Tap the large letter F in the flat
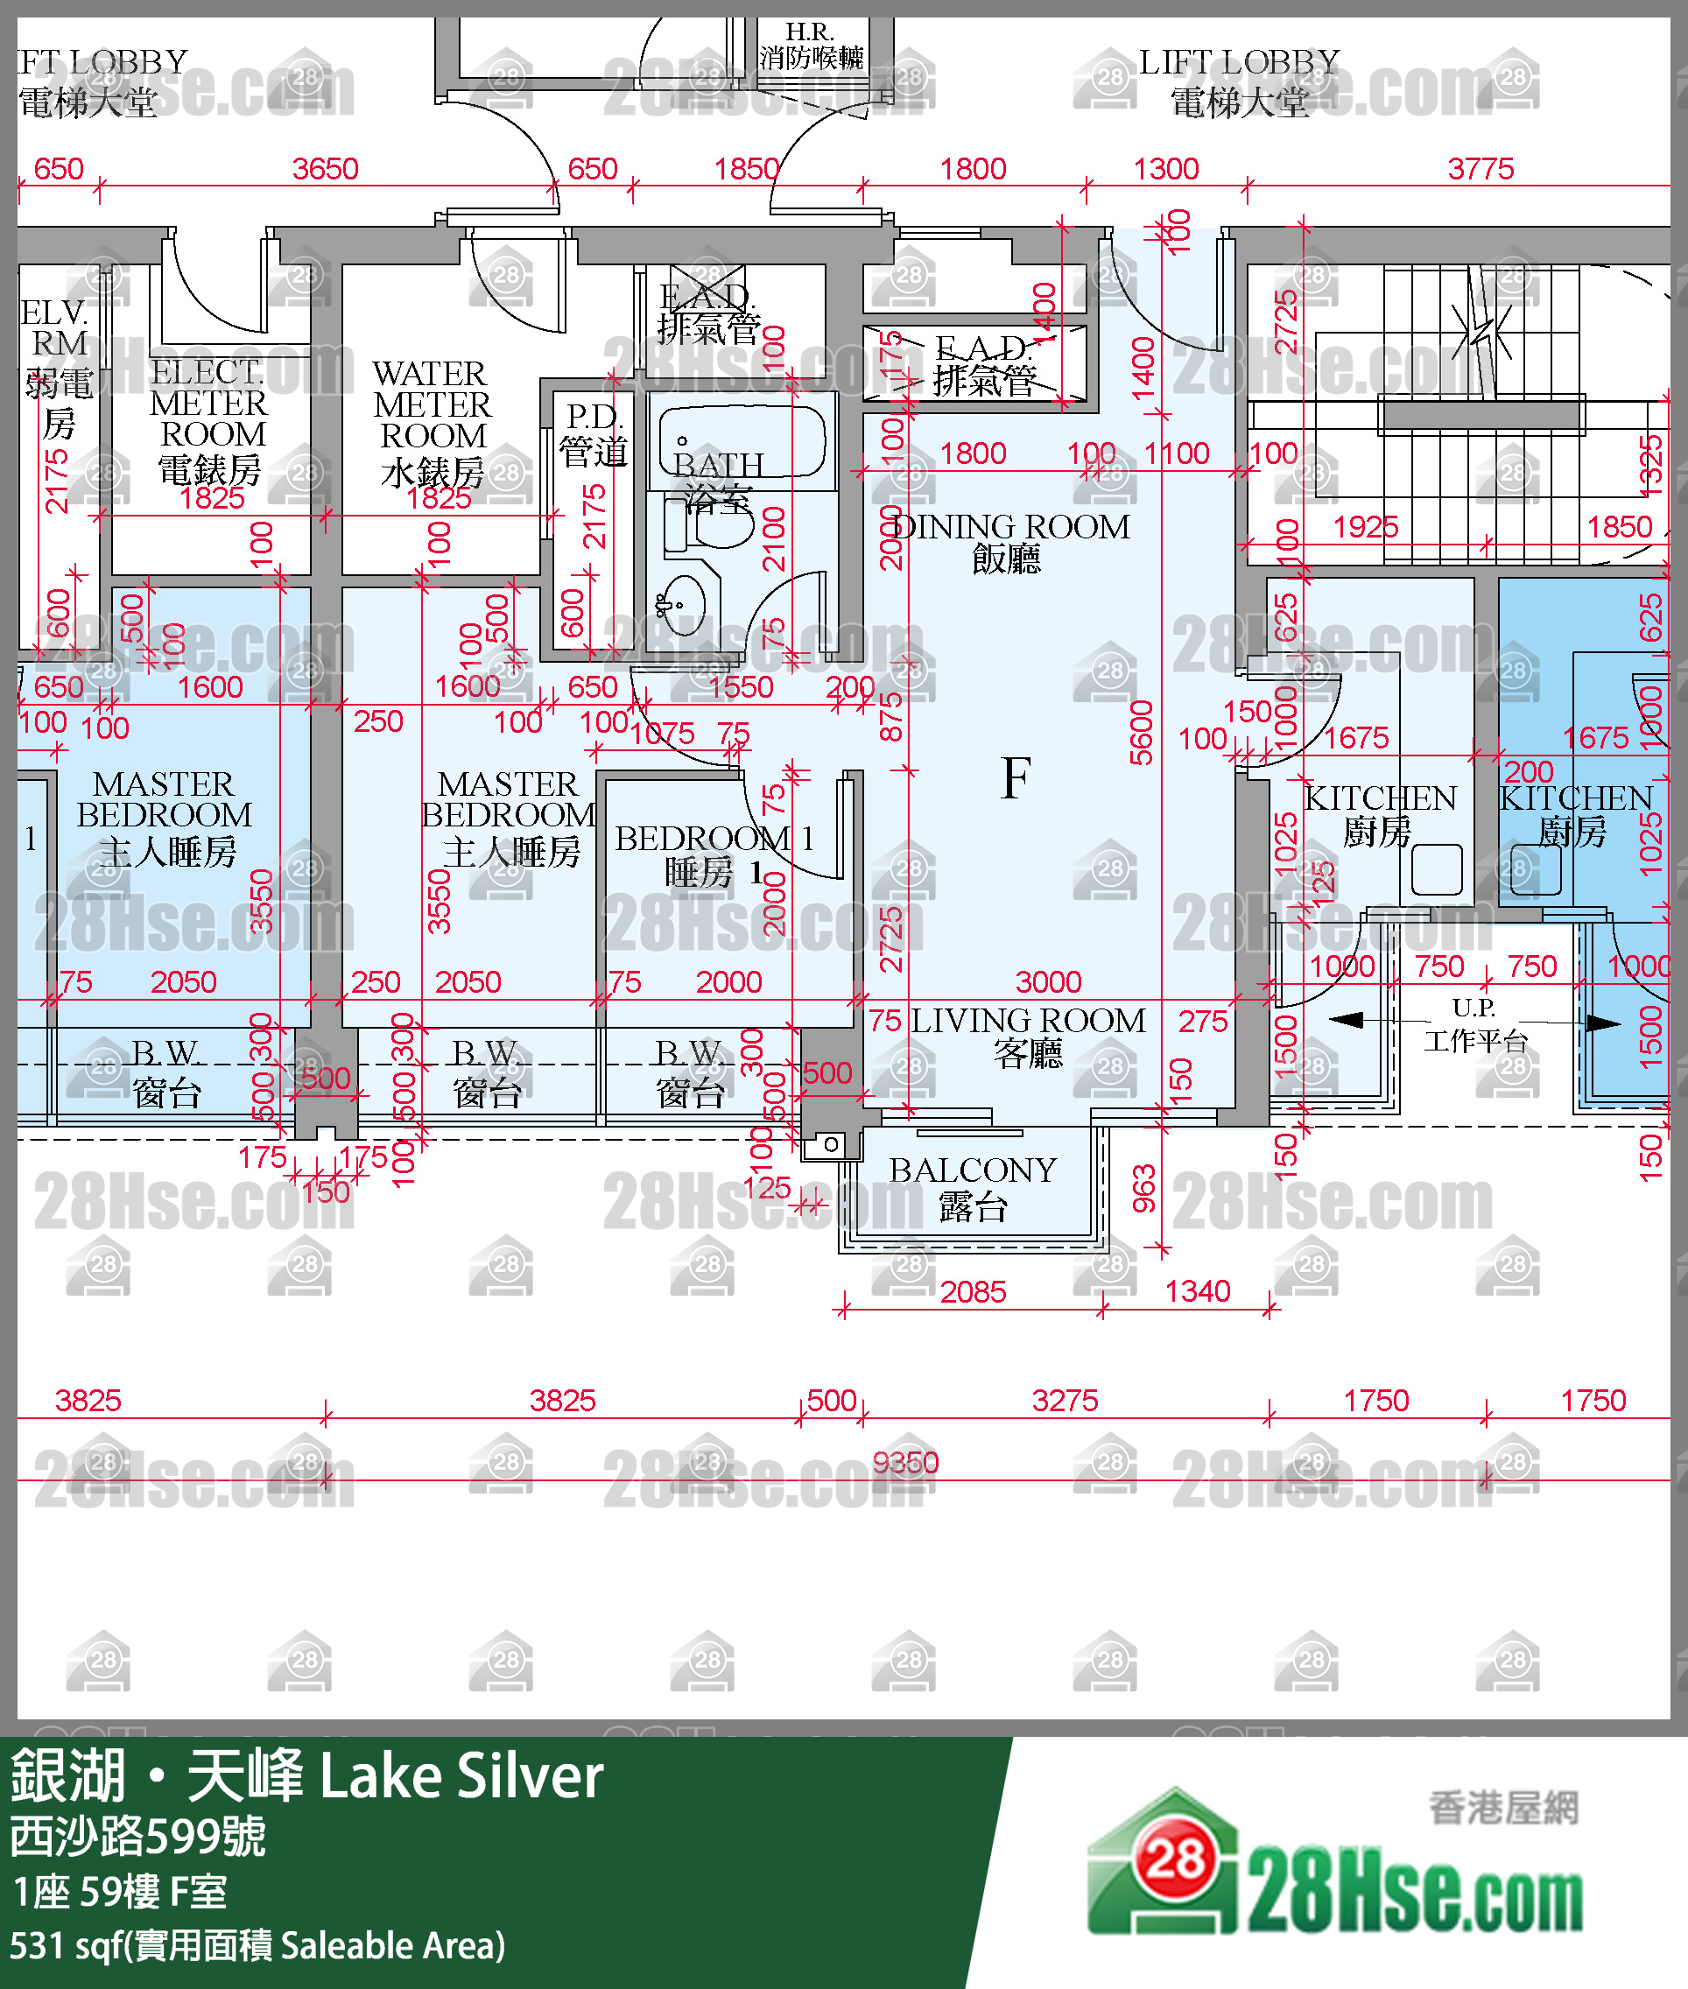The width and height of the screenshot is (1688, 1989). coord(1016,777)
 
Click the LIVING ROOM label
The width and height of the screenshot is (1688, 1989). coord(1027,1037)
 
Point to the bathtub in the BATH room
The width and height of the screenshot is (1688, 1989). coord(742,441)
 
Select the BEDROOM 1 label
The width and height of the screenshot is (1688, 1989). coord(713,854)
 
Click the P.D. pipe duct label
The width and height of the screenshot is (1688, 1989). coord(594,434)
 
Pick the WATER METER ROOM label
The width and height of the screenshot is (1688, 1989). coord(432,422)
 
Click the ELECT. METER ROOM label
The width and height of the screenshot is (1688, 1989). coord(209,421)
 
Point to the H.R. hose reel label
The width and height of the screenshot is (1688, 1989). coord(811,46)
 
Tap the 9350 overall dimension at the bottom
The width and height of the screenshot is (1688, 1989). coord(905,1462)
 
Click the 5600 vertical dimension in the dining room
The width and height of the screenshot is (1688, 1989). coord(1141,733)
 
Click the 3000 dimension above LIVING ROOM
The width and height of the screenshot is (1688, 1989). coord(1048,981)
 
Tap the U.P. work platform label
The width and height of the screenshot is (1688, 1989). coord(1473,1024)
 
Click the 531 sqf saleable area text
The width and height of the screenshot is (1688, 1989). coord(257,1945)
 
